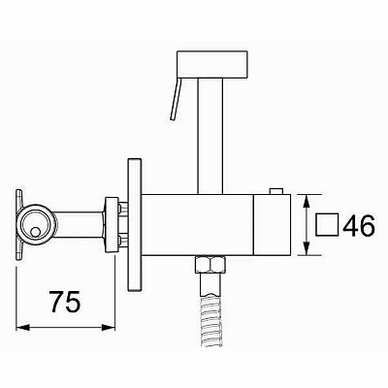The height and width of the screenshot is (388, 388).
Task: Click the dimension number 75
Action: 65,302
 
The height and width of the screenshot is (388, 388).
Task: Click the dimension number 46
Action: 359,225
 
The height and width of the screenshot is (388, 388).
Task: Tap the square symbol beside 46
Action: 327,225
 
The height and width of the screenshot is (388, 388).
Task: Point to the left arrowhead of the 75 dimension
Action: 22,328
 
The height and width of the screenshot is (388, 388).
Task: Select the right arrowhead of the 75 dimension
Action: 109,328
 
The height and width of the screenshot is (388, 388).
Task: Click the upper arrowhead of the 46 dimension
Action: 307,202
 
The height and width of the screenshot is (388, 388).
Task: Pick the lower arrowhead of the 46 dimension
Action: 307,248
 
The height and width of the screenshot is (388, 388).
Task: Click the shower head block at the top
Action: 212,64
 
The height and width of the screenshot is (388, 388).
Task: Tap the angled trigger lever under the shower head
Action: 176,99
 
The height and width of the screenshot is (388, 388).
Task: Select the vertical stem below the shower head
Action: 210,137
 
